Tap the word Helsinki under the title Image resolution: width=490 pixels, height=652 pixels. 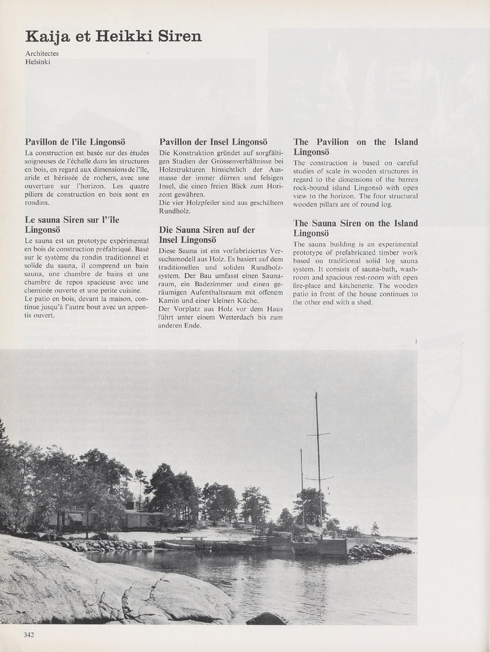tap(38, 63)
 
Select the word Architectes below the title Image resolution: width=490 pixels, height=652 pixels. tap(42, 54)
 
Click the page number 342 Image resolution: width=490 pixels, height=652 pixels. tap(29, 634)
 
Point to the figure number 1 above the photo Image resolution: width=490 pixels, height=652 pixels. tap(416, 341)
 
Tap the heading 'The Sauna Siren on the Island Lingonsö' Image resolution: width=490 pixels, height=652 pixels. tap(355, 228)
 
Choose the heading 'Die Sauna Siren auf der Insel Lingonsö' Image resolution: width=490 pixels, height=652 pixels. tap(206, 234)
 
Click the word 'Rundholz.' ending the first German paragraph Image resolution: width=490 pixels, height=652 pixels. tap(175, 211)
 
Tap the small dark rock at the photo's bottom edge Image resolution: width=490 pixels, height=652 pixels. tap(266, 619)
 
